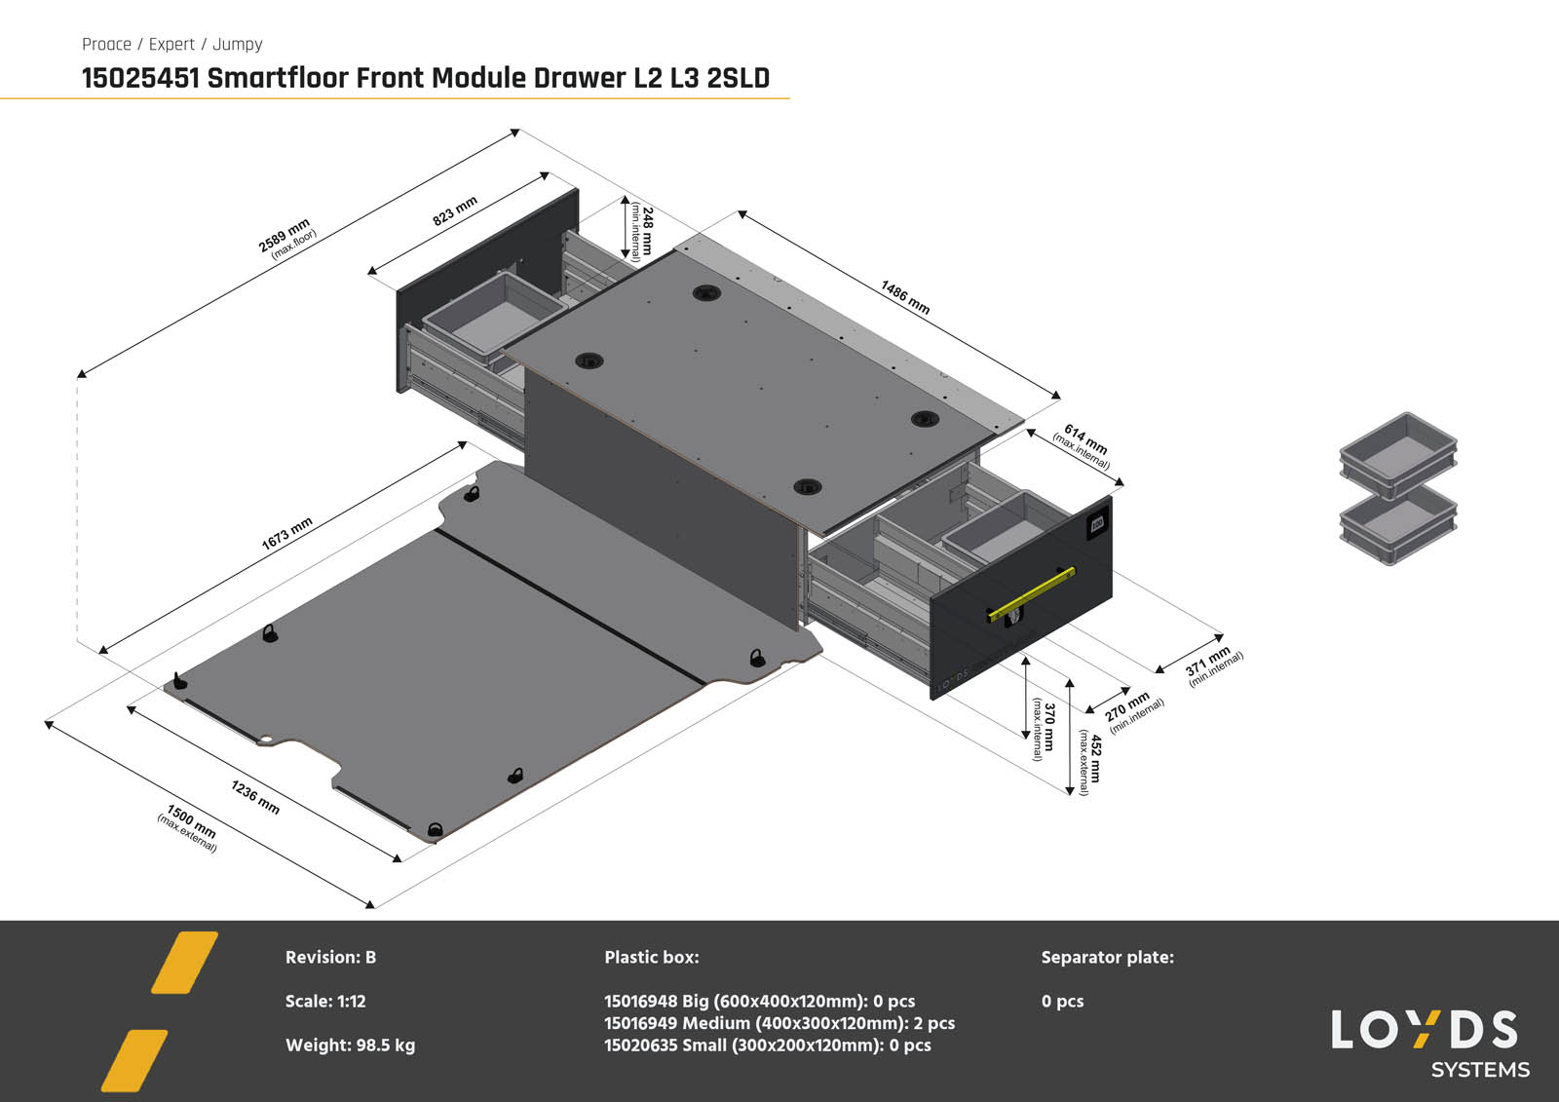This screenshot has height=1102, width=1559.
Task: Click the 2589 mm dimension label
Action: point(286,238)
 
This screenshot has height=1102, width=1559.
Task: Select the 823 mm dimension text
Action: point(455,210)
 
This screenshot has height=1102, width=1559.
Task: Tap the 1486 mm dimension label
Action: point(905,297)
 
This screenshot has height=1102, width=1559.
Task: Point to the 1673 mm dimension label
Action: point(286,533)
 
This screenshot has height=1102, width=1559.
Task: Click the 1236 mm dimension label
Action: point(255,796)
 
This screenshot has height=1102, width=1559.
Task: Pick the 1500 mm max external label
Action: point(190,826)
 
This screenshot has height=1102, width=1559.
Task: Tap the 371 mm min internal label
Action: point(1212,665)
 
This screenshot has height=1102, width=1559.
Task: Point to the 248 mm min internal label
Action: point(641,231)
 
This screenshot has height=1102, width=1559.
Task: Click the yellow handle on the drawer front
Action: point(1032,593)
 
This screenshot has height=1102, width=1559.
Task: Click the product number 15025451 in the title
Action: point(140,78)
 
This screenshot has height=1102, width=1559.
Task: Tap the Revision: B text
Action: point(330,957)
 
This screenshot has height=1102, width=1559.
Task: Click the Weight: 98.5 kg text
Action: point(350,1045)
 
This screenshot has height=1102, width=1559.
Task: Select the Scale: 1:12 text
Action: point(325,1001)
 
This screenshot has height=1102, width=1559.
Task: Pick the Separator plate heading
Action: point(1107,957)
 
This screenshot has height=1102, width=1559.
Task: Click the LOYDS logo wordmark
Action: point(1425,1030)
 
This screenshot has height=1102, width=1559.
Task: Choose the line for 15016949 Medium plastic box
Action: point(779,1023)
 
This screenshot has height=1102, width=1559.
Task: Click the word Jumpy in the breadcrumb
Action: point(237,44)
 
